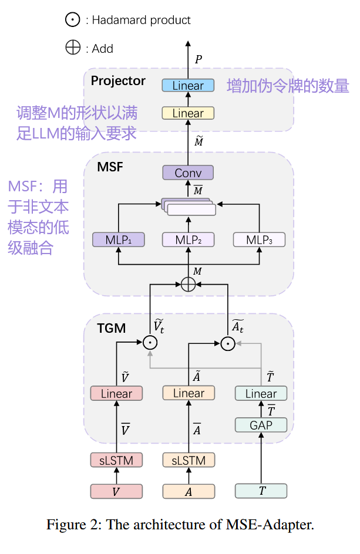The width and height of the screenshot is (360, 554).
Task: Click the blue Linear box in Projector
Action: pyautogui.click(x=188, y=86)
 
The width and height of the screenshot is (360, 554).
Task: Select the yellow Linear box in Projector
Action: pyautogui.click(x=188, y=113)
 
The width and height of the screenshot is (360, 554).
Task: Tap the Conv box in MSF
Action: pyautogui.click(x=188, y=173)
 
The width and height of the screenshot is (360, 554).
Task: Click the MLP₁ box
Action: pyautogui.click(x=119, y=239)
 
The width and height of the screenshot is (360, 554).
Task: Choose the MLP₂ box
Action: pyautogui.click(x=188, y=239)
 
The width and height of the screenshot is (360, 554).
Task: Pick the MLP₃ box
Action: pyautogui.click(x=258, y=239)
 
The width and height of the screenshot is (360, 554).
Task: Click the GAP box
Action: pyautogui.click(x=261, y=425)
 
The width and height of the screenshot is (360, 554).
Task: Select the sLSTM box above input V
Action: pyautogui.click(x=116, y=460)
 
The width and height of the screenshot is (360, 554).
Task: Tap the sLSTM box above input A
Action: pyautogui.click(x=189, y=460)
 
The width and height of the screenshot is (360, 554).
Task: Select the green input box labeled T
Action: pyautogui.click(x=261, y=491)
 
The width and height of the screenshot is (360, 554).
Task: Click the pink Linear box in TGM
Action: pyautogui.click(x=116, y=394)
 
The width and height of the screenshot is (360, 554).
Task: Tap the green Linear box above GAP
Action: pyautogui.click(x=261, y=394)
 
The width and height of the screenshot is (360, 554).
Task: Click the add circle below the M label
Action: pyautogui.click(x=188, y=285)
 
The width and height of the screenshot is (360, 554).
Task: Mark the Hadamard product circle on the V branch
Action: pyautogui.click(x=151, y=342)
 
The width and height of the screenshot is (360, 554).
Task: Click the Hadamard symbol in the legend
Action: pyautogui.click(x=72, y=20)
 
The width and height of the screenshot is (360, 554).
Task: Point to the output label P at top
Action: pyautogui.click(x=198, y=59)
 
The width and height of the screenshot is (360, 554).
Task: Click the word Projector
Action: pyautogui.click(x=118, y=81)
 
